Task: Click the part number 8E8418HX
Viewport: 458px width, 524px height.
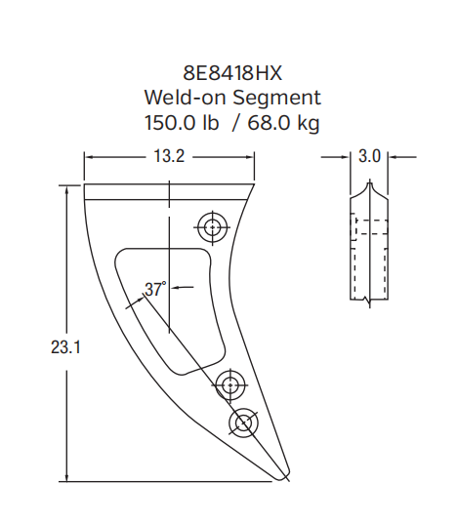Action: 231,73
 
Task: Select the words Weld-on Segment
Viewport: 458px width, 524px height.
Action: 231,98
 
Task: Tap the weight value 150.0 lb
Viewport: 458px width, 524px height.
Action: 183,123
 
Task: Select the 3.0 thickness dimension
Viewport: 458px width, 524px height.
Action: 370,156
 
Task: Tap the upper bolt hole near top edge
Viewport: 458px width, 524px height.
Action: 210,226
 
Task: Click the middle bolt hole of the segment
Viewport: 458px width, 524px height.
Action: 230,386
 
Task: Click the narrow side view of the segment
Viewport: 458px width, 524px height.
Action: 370,244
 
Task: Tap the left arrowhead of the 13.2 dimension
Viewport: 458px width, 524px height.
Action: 88,156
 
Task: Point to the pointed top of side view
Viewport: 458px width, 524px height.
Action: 370,181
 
